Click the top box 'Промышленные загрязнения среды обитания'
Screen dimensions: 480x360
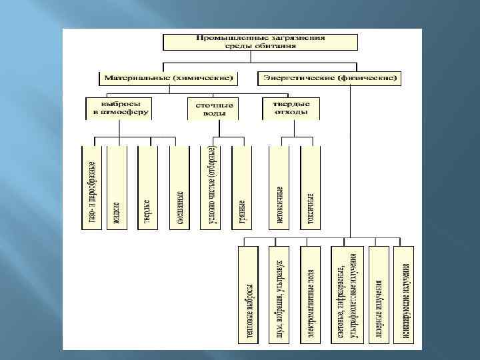coord(261,41)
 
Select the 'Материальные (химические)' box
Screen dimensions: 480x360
coord(167,78)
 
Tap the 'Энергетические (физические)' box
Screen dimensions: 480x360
coord(329,78)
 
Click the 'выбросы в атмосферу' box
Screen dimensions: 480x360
coord(118,109)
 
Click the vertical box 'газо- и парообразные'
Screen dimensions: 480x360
coord(93,187)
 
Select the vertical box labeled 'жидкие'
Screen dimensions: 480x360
coord(117,187)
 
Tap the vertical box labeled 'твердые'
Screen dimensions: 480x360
coord(148,187)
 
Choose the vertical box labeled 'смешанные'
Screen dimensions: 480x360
coord(179,187)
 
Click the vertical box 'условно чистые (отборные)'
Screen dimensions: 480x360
coord(211,187)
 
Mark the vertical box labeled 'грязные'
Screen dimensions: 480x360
coord(242,187)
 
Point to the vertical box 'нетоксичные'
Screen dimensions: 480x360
coord(279,187)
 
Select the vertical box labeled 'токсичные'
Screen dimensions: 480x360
coord(310,187)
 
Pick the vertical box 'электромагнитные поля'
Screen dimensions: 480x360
coord(311,296)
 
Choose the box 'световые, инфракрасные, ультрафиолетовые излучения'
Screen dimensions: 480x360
coord(347,296)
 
